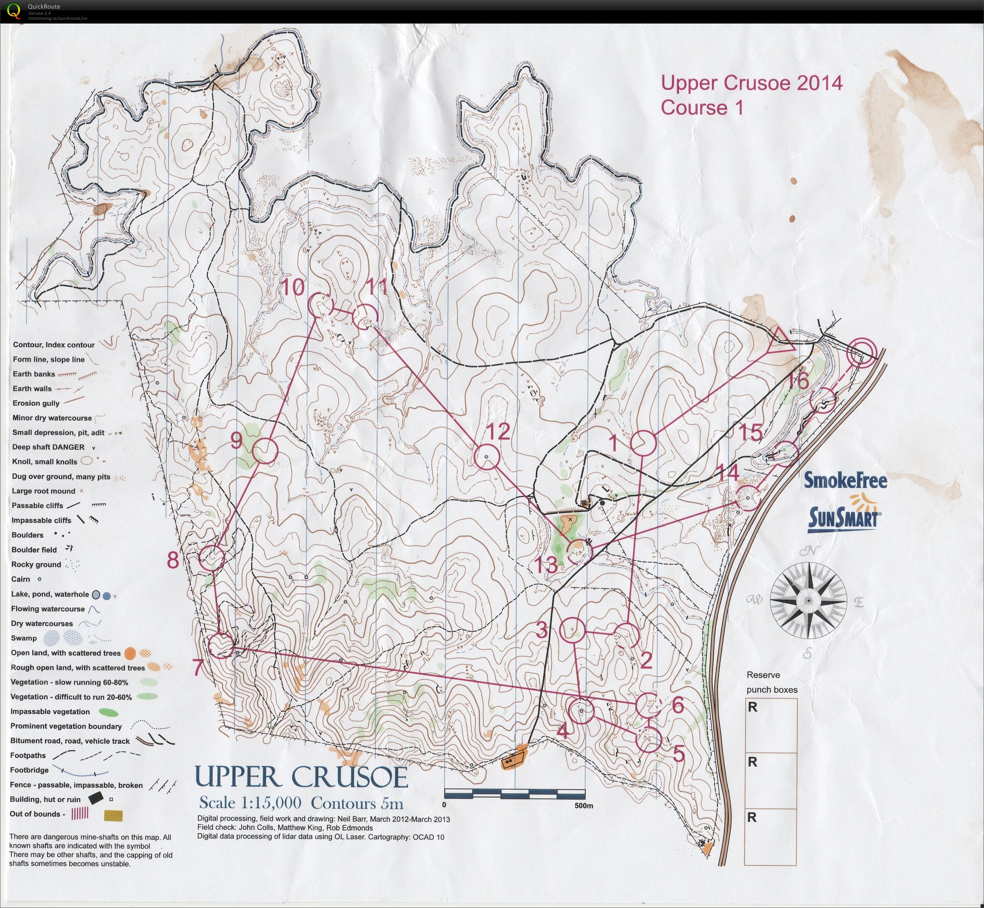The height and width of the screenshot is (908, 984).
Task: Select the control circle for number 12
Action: click(486, 457)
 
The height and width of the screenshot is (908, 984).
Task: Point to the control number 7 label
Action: click(198, 668)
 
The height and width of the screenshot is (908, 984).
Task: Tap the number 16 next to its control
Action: click(799, 380)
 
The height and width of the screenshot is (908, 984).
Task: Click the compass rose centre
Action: click(808, 600)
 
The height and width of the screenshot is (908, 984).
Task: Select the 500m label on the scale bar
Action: click(583, 805)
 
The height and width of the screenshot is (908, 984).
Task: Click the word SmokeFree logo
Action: click(845, 480)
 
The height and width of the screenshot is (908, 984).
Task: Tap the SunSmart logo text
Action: click(843, 518)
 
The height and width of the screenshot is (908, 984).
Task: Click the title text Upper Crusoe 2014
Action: click(751, 83)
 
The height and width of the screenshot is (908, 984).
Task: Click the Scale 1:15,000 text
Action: click(250, 803)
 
